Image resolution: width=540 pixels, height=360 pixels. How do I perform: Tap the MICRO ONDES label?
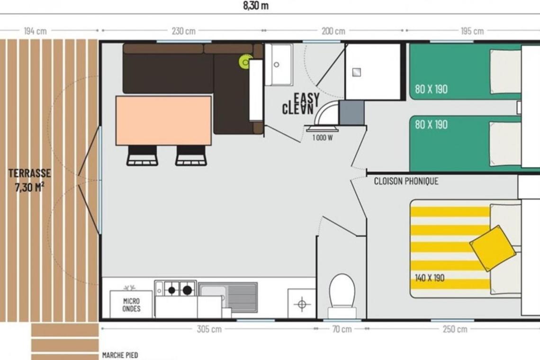coord(131,305)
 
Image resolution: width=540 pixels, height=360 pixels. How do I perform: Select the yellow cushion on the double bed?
coord(493,248)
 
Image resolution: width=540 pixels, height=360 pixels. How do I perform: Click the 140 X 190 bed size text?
coord(430,278)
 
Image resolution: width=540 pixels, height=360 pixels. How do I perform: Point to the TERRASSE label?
coord(30,173)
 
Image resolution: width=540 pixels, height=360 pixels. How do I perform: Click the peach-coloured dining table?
coord(163,121)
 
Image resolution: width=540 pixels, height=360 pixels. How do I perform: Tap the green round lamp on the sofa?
coord(245,63)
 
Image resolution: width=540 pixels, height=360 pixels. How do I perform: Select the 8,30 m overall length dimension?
coord(255,6)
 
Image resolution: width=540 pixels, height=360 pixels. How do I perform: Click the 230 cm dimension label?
coord(184,31)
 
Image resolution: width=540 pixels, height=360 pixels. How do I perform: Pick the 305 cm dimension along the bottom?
coord(209,329)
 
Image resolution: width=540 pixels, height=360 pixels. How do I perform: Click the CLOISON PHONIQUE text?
coord(406,181)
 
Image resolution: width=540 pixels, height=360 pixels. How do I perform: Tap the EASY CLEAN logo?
coord(301,104)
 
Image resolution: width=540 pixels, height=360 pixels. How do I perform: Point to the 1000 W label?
coord(323,138)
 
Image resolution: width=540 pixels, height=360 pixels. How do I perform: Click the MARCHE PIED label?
coord(120,355)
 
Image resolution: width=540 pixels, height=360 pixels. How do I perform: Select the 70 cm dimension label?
coord(342,329)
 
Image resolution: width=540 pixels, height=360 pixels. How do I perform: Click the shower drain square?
coord(356,72)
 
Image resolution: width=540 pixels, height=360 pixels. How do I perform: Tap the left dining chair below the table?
coord(142,155)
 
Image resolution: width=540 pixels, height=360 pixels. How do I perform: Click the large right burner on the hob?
coord(187,290)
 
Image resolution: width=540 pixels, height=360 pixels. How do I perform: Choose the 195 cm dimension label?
coord(472,31)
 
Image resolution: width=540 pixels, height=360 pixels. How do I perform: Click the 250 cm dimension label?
coord(455,329)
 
